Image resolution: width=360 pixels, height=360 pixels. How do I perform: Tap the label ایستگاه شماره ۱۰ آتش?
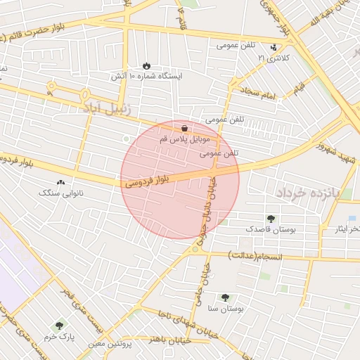click(146, 75)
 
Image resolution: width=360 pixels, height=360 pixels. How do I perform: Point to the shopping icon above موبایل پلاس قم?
click(184, 128)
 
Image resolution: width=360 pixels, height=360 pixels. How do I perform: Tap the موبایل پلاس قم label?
click(184, 139)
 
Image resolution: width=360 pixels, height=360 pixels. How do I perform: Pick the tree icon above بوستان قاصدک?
click(271, 219)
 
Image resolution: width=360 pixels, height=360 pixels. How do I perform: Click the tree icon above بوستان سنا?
click(225, 297)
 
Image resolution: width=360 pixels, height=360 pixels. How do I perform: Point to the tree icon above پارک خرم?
click(59, 326)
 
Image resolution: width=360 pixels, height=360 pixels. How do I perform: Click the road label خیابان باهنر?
click(169, 339)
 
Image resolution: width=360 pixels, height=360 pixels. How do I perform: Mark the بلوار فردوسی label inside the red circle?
click(147, 179)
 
